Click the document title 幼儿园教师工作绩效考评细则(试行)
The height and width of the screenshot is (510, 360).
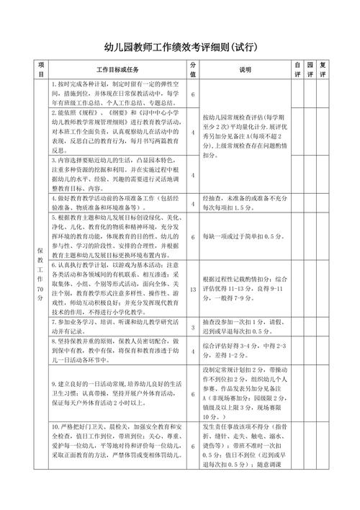179,48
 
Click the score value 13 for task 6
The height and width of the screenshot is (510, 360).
193,290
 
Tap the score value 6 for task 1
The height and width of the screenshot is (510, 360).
193,94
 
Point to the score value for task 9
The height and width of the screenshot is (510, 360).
193,394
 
